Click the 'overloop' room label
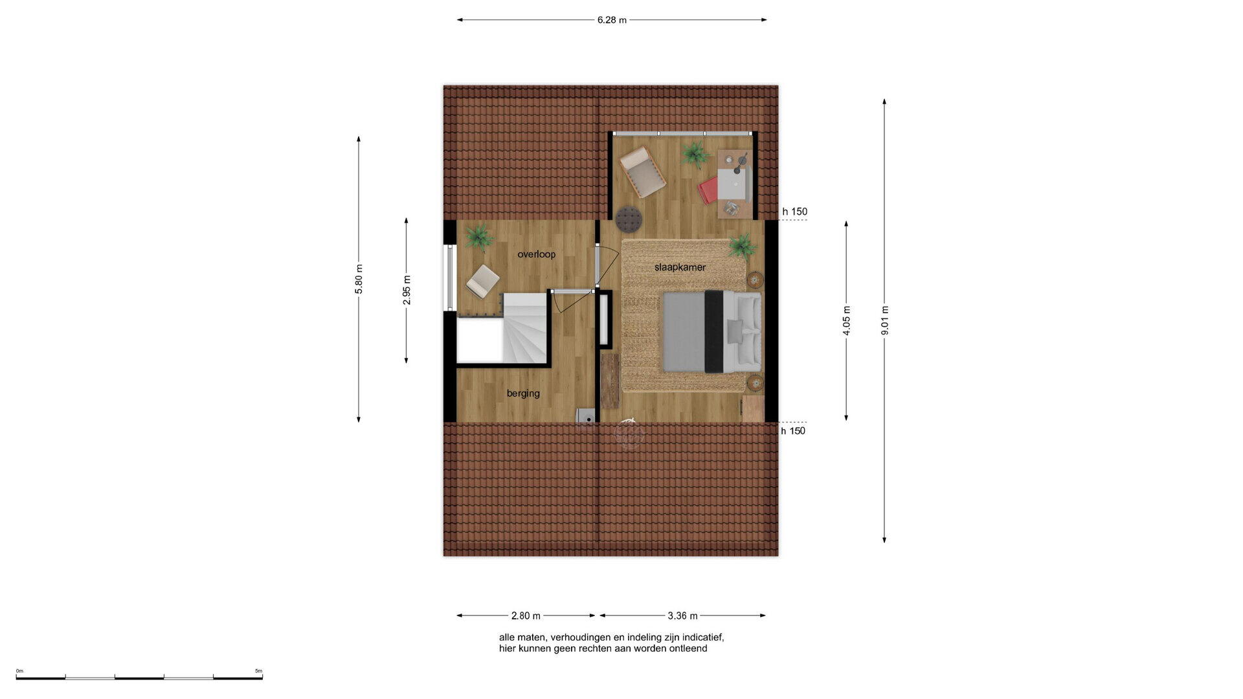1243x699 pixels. pyautogui.click(x=536, y=254)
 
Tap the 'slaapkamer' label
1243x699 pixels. pyautogui.click(x=680, y=267)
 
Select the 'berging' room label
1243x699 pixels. pyautogui.click(x=523, y=394)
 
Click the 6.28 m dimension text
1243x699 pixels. pyautogui.click(x=612, y=20)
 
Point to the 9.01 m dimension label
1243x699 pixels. pyautogui.click(x=884, y=320)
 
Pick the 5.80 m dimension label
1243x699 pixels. pyautogui.click(x=359, y=279)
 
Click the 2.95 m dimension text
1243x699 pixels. pyautogui.click(x=407, y=290)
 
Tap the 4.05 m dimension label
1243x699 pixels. pyautogui.click(x=846, y=321)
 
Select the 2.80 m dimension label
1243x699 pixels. pyautogui.click(x=526, y=616)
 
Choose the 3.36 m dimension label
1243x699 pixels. pyautogui.click(x=682, y=616)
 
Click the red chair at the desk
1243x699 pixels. pyautogui.click(x=708, y=190)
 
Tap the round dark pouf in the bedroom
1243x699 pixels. pyautogui.click(x=629, y=219)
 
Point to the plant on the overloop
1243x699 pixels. pyautogui.click(x=480, y=237)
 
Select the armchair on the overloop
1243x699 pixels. pyautogui.click(x=482, y=282)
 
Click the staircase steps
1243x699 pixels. pyautogui.click(x=525, y=327)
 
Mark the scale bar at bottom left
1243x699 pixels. pyautogui.click(x=139, y=678)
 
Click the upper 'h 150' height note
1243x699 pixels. pyautogui.click(x=794, y=212)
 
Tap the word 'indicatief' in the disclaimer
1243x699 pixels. pyautogui.click(x=701, y=638)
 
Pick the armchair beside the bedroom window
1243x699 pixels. pyautogui.click(x=642, y=172)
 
